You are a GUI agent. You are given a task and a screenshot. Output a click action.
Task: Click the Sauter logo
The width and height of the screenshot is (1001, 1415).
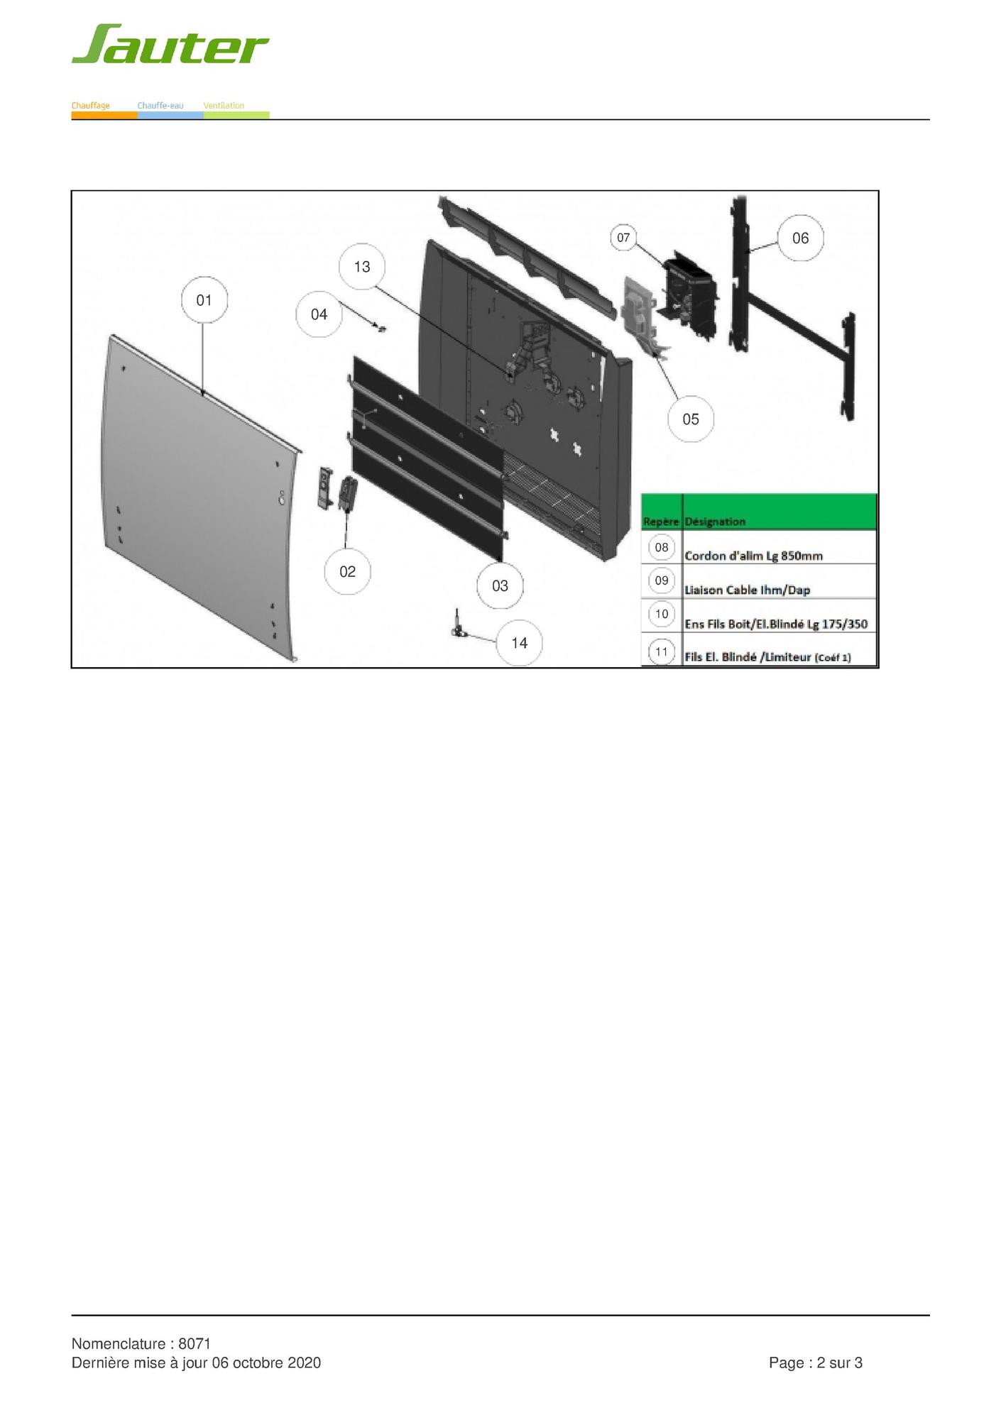pyautogui.click(x=170, y=45)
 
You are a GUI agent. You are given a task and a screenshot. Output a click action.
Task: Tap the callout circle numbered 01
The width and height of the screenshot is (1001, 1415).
pyautogui.click(x=204, y=300)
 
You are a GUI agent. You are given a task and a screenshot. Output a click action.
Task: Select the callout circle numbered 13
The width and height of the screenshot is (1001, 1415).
pyautogui.click(x=362, y=267)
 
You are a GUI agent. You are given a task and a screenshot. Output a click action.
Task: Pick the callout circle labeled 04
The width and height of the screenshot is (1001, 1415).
pyautogui.click(x=319, y=314)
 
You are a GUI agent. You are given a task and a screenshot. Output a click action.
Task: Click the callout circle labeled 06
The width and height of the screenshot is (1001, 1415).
pyautogui.click(x=800, y=238)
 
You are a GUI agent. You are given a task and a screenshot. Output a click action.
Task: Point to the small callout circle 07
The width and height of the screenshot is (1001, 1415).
pyautogui.click(x=623, y=238)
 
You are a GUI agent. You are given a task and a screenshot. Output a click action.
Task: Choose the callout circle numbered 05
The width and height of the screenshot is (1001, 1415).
pyautogui.click(x=691, y=419)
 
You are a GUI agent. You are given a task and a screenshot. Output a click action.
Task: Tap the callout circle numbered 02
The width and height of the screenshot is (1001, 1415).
pyautogui.click(x=347, y=572)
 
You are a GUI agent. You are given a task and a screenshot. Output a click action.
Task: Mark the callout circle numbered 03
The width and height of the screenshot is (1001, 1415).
pyautogui.click(x=500, y=586)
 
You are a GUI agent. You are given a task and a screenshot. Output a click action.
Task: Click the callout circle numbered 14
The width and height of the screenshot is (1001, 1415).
pyautogui.click(x=520, y=643)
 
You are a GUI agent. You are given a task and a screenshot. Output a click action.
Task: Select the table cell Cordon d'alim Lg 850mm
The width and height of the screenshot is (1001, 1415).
pyautogui.click(x=753, y=556)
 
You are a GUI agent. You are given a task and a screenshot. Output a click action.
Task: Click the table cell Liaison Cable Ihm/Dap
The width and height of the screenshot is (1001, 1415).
pyautogui.click(x=747, y=590)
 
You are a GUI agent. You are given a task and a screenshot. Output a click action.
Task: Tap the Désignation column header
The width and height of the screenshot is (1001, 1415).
pyautogui.click(x=715, y=522)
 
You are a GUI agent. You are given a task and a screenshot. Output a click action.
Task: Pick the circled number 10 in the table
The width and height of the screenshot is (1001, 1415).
pyautogui.click(x=662, y=615)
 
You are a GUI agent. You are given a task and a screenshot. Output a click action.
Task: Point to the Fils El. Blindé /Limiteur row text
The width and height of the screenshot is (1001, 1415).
pyautogui.click(x=767, y=657)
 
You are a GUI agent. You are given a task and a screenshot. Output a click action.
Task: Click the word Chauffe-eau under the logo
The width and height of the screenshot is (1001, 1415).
pyautogui.click(x=160, y=106)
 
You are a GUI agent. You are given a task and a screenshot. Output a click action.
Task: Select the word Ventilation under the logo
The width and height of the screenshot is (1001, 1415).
pyautogui.click(x=224, y=106)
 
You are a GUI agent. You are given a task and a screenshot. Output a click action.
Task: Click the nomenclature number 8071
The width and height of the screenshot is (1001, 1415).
pyautogui.click(x=195, y=1343)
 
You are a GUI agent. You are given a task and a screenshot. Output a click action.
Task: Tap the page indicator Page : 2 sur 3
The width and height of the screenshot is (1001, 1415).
pyautogui.click(x=816, y=1362)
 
